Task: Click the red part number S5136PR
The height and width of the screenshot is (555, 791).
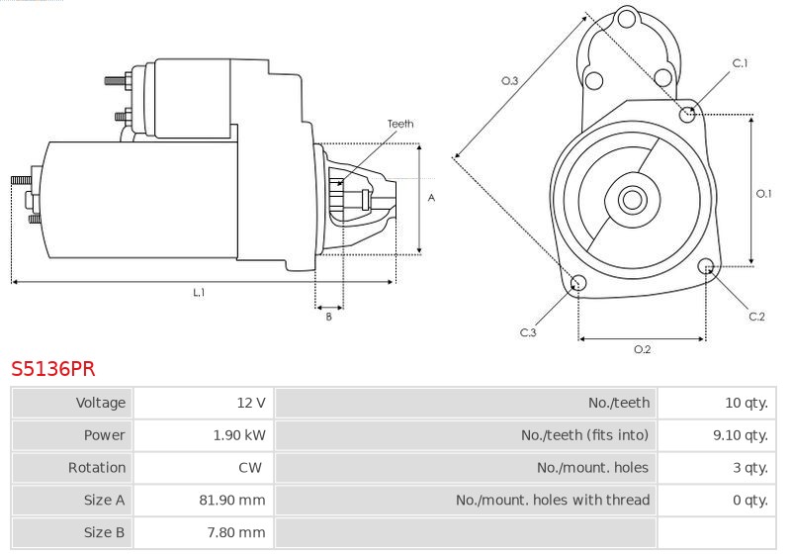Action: pos(53,369)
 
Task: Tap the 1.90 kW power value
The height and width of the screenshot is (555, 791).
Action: pos(239,435)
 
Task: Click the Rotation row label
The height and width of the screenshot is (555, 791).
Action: pos(97,468)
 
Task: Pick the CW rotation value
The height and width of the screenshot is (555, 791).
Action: pos(250,468)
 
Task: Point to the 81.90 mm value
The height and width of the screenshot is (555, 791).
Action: pos(232,500)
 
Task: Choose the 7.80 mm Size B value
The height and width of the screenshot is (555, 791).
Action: pos(236,532)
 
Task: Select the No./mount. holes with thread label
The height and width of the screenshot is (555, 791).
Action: pos(553,500)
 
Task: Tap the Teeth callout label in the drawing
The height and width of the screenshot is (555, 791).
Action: pos(400,124)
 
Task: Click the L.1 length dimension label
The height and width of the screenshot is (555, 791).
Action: pos(199,292)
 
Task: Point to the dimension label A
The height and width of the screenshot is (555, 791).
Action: pos(431,198)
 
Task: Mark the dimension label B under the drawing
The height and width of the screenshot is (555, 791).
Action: pos(329,317)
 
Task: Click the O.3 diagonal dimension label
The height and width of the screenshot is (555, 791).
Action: pos(509,81)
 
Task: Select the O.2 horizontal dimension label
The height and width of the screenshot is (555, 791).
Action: pos(642,349)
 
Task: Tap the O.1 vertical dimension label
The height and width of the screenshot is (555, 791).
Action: pos(763,193)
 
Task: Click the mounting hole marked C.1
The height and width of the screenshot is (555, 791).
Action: pos(687,115)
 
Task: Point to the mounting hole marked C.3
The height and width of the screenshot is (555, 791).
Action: pos(578,283)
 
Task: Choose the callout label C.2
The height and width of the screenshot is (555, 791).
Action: pos(756,317)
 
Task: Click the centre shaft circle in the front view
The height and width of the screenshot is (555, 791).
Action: pos(633,200)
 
